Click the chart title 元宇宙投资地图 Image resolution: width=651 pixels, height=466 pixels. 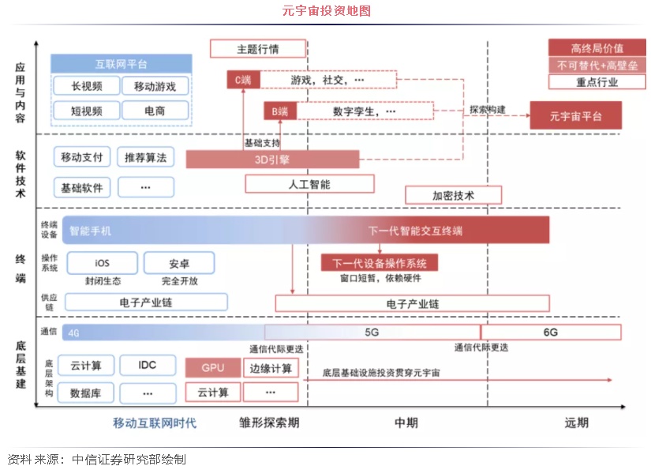[326, 11]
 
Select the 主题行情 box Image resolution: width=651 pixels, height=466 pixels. [257, 49]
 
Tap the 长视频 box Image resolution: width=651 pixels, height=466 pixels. [86, 86]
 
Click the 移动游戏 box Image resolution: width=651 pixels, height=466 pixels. [155, 86]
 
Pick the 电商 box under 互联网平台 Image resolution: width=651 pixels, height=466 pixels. [155, 111]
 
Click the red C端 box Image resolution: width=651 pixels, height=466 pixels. [242, 80]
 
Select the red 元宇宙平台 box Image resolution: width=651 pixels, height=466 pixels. [575, 116]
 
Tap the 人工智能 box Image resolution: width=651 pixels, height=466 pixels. [309, 184]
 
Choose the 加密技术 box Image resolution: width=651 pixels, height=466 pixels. [453, 195]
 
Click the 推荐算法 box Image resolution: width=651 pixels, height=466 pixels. [145, 157]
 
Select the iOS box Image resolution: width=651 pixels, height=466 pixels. [102, 263]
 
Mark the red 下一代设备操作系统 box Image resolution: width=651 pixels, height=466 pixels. [380, 263]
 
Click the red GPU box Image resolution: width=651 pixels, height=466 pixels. [212, 368]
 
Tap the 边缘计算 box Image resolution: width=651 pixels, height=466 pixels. [271, 368]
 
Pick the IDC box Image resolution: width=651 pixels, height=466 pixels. [148, 365]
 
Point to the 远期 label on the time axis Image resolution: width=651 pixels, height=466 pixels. [576, 423]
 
